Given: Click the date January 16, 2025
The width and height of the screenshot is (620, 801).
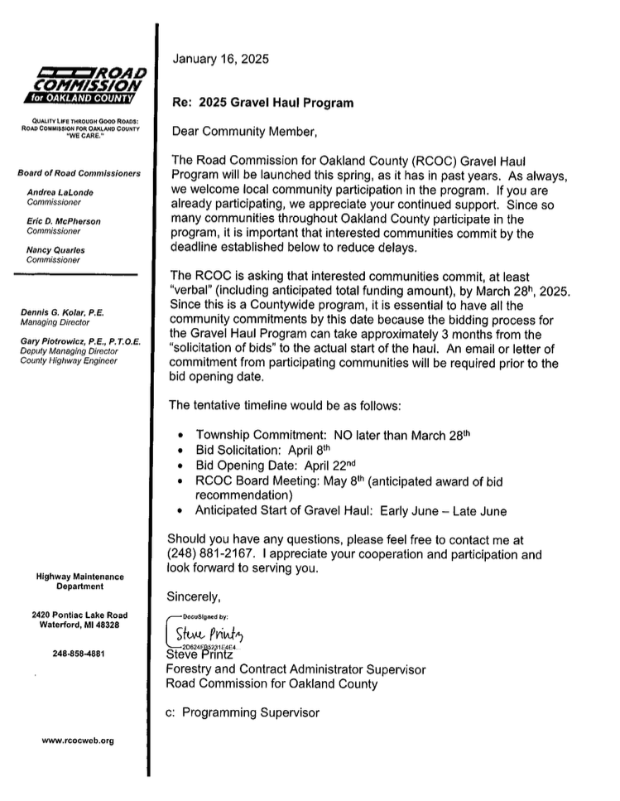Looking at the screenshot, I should point(220,59).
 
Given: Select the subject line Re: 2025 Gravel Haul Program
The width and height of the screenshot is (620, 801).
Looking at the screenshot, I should point(262,104).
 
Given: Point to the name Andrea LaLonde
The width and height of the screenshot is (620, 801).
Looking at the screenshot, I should point(59,191).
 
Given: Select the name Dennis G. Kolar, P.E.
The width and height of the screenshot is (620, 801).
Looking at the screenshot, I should point(68,311).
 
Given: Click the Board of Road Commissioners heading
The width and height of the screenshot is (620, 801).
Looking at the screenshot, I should point(79,173).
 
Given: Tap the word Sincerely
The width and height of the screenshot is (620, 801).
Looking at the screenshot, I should point(195,595).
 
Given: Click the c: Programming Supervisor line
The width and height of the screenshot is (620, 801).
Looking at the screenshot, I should point(242,712).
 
